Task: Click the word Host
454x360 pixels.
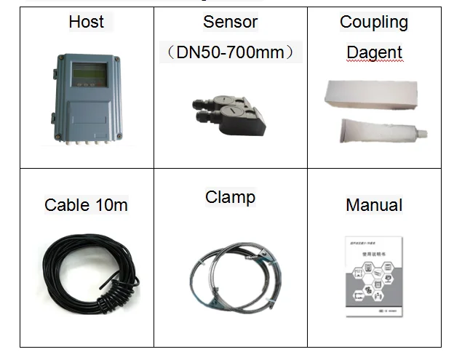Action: [x=86, y=22]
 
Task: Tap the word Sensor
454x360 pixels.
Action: [x=230, y=22]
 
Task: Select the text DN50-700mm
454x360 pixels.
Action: [x=230, y=52]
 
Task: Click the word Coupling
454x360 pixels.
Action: [x=374, y=22]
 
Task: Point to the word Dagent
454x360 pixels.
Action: [x=374, y=52]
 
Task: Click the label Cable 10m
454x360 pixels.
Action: [x=86, y=205]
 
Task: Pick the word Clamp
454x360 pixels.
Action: [x=230, y=197]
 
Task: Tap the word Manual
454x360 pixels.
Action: [x=374, y=205]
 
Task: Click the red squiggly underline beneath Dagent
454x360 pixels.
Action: [x=374, y=63]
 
